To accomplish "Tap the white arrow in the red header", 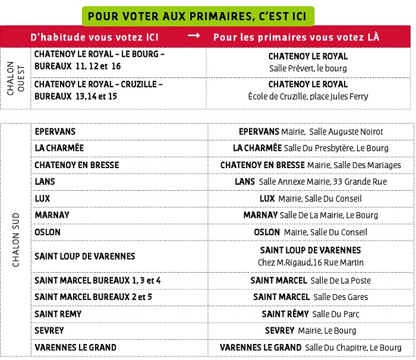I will click(194, 36).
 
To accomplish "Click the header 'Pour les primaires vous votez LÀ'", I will click(296, 37).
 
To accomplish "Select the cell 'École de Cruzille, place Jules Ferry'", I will click(308, 96).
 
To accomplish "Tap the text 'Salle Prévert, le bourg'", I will click(308, 68).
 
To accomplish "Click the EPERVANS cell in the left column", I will click(56, 131).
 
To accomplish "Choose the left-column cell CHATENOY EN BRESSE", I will click(77, 165).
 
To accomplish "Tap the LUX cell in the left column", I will click(43, 198).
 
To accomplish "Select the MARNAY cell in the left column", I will click(52, 215).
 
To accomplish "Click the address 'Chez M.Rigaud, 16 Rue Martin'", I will click(310, 263).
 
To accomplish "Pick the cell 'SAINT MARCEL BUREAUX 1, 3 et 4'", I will click(97, 280).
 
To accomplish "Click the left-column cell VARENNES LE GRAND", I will click(75, 347).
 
